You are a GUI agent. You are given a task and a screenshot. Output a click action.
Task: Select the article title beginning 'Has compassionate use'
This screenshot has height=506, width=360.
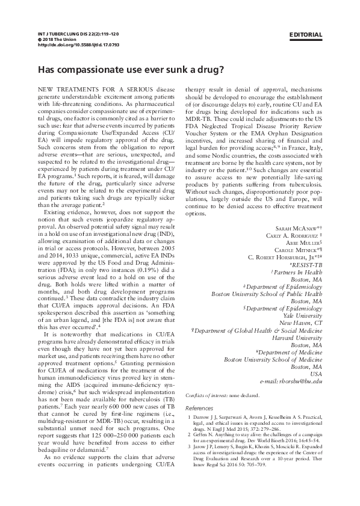[x=131, y=69]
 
